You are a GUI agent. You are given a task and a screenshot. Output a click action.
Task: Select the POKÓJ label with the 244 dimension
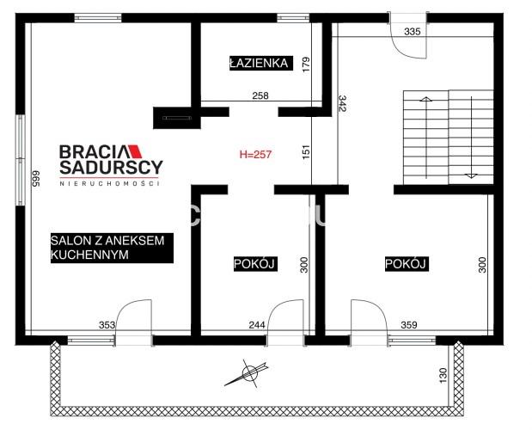click(255, 264)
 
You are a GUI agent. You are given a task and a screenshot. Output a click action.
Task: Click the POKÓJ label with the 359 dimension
click(407, 264)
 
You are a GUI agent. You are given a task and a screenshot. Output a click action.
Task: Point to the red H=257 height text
click(255, 155)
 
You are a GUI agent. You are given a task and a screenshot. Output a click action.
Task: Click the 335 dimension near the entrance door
click(413, 32)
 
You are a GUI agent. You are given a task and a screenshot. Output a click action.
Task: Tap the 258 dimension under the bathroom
click(260, 95)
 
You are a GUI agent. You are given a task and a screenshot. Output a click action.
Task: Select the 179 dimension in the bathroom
click(306, 64)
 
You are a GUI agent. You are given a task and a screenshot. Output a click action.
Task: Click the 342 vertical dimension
click(342, 103)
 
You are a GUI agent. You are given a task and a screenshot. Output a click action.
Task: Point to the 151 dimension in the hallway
click(306, 152)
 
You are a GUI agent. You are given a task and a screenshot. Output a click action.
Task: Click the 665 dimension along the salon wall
click(36, 179)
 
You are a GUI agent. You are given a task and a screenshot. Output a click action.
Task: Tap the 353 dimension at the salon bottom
click(107, 325)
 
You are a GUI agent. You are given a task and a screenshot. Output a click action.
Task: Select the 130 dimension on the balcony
click(443, 376)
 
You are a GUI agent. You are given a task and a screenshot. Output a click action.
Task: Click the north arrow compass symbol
click(248, 373)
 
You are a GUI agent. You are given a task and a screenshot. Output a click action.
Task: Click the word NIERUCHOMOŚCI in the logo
click(109, 183)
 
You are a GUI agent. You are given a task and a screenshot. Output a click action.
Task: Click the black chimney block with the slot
click(177, 118)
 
